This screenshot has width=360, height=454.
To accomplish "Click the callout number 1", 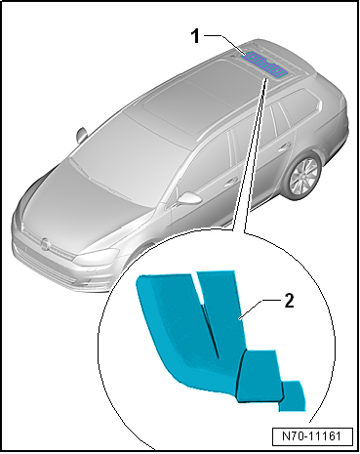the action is (x=195, y=36).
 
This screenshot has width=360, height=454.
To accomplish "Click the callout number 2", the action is (x=289, y=301).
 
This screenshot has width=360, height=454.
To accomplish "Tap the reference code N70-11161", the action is (x=312, y=435).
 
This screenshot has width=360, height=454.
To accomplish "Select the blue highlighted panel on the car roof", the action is (x=264, y=64).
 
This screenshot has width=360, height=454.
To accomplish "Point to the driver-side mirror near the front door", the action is (x=187, y=198).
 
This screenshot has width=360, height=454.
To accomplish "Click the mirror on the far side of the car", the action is (x=81, y=135).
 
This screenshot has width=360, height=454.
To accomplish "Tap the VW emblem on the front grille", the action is (x=45, y=244).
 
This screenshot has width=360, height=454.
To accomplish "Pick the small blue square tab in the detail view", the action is (x=293, y=396).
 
